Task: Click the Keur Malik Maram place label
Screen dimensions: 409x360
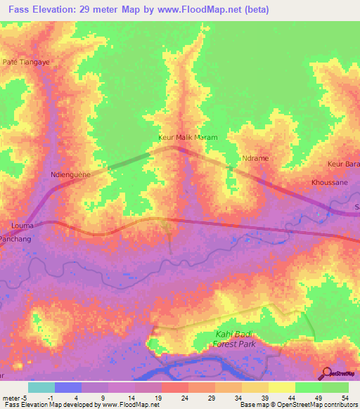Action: click(187, 138)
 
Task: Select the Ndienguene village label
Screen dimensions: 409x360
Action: click(72, 174)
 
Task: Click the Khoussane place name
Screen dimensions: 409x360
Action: click(328, 181)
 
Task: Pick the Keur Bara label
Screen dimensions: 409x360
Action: click(343, 164)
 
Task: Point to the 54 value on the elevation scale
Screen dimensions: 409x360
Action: click(345, 398)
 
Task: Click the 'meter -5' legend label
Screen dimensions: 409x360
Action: click(15, 398)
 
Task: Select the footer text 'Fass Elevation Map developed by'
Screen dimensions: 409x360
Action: click(49, 405)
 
